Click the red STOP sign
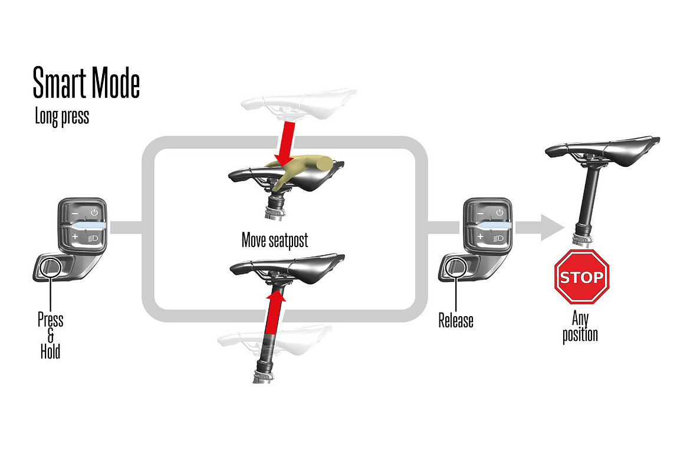[x=581, y=277]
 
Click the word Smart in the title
[x=60, y=83]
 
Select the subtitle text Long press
[x=62, y=117]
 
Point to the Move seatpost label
[x=275, y=241]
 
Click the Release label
[x=456, y=320]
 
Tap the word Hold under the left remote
[x=50, y=351]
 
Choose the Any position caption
[x=580, y=327]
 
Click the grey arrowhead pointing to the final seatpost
[x=552, y=228]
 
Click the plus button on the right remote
[x=481, y=237]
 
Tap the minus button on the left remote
[x=75, y=213]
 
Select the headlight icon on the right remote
[x=498, y=239]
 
